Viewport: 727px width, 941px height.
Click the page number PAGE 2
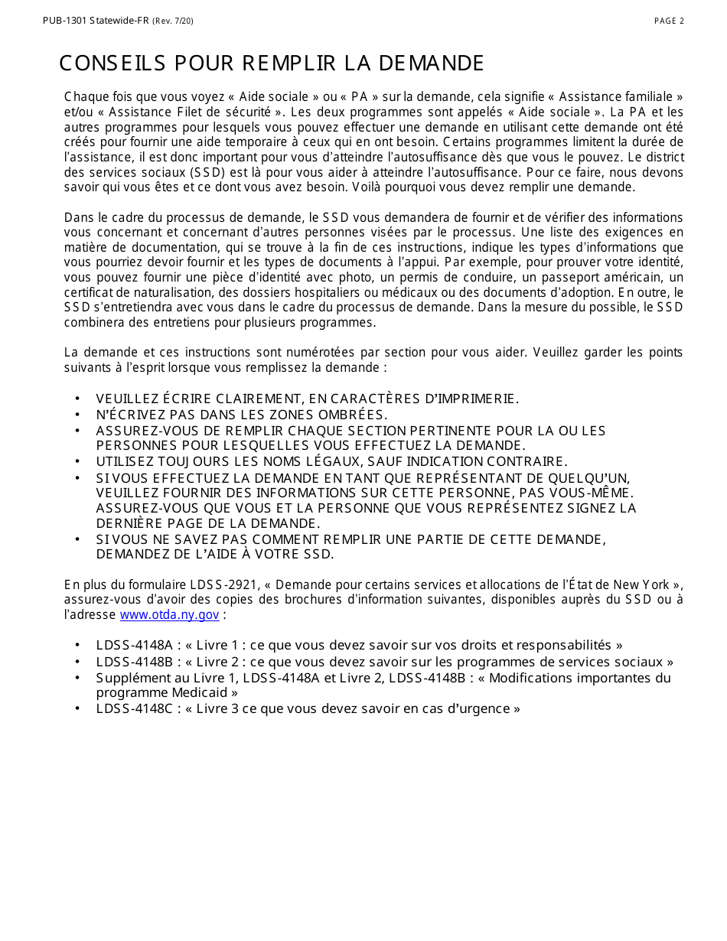pos(669,21)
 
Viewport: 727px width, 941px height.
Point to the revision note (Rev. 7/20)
pos(173,21)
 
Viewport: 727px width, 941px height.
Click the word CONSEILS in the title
pos(113,63)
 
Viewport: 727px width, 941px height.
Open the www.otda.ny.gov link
pos(170,614)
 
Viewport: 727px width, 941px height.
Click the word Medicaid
pos(200,692)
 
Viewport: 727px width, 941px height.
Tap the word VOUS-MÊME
pos(586,493)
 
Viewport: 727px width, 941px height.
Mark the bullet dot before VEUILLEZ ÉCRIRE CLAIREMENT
pos(78,399)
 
